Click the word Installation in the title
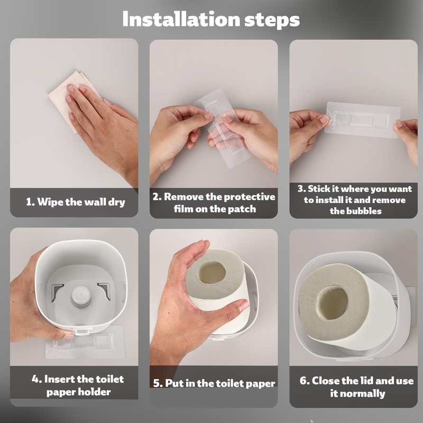181,19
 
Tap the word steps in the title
272,21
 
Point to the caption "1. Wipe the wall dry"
76,202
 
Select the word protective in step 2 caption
240,197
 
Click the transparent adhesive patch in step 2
221,128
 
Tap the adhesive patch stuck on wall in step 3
362,120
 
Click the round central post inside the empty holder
80,296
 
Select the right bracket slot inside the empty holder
105,291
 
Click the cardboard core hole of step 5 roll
212,272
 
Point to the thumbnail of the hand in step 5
244,305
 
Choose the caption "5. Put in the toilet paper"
214,383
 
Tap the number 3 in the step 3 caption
300,189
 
